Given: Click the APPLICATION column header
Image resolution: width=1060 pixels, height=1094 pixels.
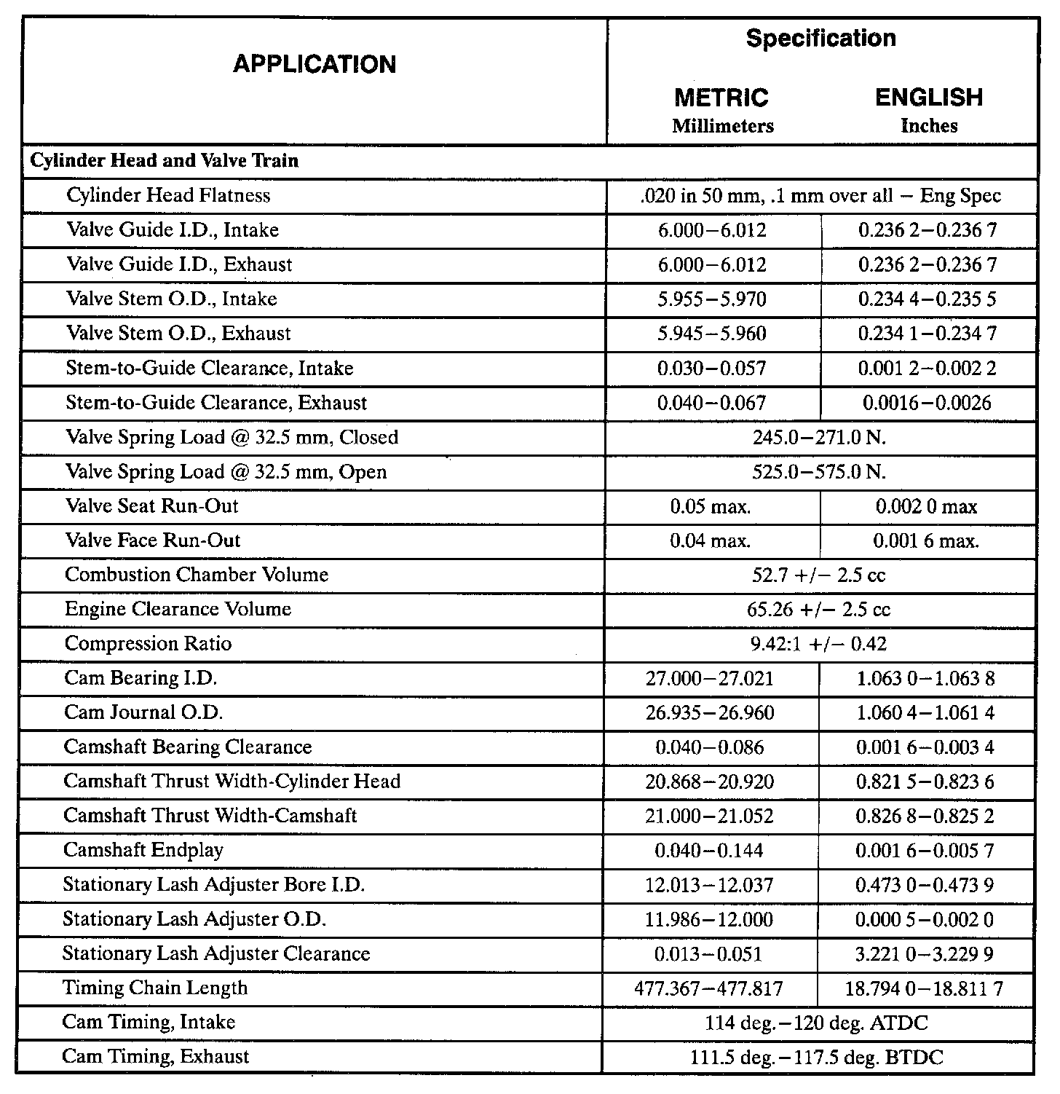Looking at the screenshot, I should (315, 64).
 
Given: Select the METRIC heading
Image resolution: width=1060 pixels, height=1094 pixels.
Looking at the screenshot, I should (721, 98).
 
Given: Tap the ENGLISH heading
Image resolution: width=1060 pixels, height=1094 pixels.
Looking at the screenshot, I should (928, 98).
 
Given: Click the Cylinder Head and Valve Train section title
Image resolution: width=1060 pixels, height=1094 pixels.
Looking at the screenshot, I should (165, 161).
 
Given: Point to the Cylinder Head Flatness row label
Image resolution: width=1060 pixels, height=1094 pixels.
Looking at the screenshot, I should (168, 195).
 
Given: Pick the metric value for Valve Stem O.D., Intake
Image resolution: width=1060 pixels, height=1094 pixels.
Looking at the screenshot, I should (712, 299).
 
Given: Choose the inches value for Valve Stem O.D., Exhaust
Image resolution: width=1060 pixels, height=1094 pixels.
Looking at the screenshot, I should (927, 334).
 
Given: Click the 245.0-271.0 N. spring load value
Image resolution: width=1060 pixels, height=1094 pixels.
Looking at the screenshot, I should (819, 437).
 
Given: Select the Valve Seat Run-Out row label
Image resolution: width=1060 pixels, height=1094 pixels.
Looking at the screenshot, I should (152, 506).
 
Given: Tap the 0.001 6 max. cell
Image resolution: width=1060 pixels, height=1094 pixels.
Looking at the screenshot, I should (926, 540).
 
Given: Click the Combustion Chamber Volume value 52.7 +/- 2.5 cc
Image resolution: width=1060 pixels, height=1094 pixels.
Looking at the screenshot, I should (819, 575).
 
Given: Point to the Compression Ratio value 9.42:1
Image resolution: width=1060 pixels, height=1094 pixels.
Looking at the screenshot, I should (819, 644).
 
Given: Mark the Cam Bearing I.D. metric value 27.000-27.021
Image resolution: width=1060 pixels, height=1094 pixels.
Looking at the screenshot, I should (710, 678).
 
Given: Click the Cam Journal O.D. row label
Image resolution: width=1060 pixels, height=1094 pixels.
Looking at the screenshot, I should (143, 712).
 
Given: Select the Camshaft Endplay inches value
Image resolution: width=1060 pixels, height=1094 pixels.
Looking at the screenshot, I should (925, 850).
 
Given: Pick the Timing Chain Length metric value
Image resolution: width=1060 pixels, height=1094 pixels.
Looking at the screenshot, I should (708, 988).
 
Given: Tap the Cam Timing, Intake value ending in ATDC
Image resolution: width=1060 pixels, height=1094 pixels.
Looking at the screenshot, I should (816, 1023).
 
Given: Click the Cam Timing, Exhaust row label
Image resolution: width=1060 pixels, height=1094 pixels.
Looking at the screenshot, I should (156, 1057).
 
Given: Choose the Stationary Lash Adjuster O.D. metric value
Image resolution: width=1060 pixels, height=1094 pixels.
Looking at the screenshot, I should (708, 919).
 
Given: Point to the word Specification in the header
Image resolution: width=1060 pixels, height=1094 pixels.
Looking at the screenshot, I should (820, 39).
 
